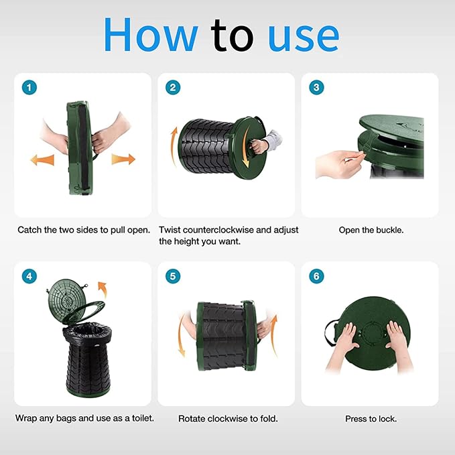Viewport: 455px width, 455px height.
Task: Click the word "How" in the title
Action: click(151, 34)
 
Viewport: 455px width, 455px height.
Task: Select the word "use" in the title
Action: click(304, 38)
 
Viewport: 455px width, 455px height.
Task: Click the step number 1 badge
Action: click(29, 87)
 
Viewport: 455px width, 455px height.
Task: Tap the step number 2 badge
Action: click(173, 87)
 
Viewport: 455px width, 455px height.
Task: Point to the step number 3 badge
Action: click(316, 87)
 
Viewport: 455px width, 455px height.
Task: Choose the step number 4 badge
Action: click(29, 276)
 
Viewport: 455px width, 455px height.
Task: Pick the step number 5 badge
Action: click(173, 276)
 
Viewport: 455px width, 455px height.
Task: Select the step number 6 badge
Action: click(316, 276)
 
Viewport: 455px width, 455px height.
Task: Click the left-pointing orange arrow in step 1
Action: click(42, 160)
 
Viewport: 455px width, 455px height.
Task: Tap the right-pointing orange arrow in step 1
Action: click(123, 159)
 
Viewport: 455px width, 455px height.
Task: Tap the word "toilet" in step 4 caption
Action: click(142, 418)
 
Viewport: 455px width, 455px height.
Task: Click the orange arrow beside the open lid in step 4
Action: click(103, 289)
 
